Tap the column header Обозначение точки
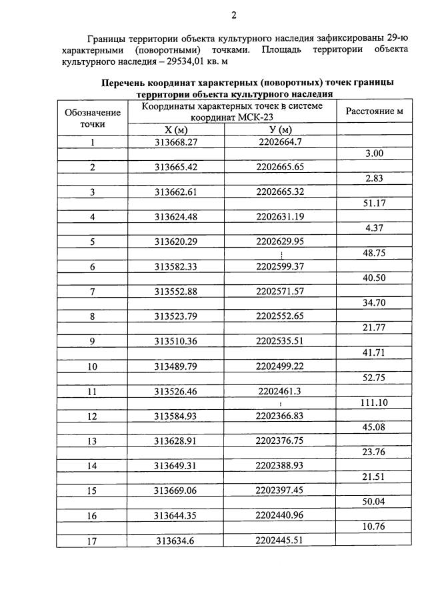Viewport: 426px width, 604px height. pyautogui.click(x=93, y=117)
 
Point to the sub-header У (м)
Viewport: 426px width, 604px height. pyautogui.click(x=279, y=129)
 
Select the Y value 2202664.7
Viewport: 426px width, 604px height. pyautogui.click(x=279, y=142)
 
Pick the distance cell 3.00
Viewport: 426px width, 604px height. pyautogui.click(x=374, y=154)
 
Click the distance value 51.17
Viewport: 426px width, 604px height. pyautogui.click(x=374, y=204)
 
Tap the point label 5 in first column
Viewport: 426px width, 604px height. pyautogui.click(x=93, y=242)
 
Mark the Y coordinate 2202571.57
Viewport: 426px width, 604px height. pyautogui.click(x=279, y=292)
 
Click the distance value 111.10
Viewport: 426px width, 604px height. pyautogui.click(x=374, y=404)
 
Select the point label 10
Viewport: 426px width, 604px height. pyautogui.click(x=93, y=366)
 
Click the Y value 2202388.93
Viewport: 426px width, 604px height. pyautogui.click(x=279, y=466)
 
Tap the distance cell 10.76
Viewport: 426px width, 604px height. pyautogui.click(x=374, y=529)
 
